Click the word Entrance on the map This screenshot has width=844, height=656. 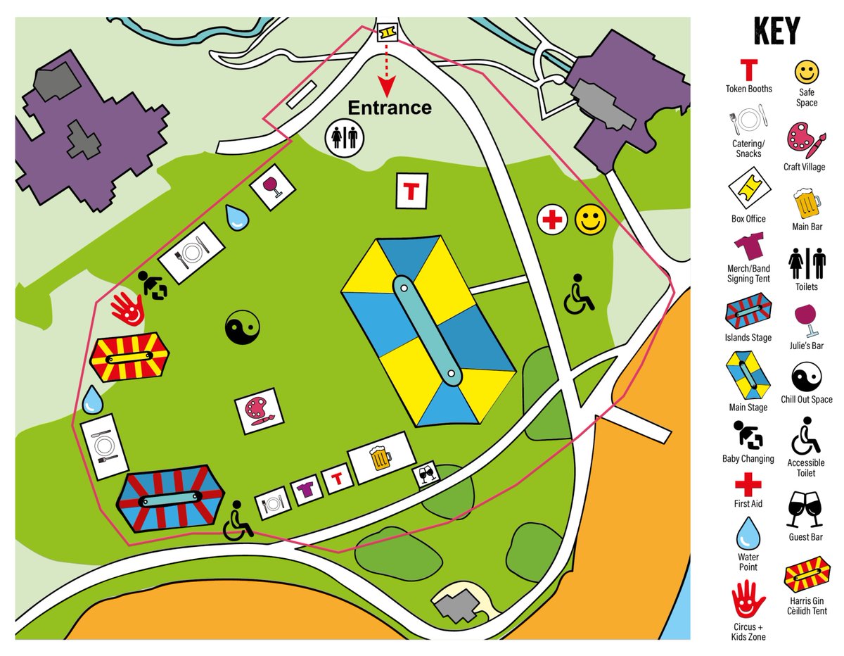(x=389, y=108)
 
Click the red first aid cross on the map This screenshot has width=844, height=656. (x=553, y=220)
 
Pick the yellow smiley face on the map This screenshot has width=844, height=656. (x=591, y=220)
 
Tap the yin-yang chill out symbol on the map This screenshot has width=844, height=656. (x=243, y=328)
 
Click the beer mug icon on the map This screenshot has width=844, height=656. (x=381, y=458)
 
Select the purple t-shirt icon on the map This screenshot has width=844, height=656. (x=305, y=490)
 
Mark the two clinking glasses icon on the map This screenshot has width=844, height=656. (x=426, y=474)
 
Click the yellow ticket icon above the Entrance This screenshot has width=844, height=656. (x=386, y=32)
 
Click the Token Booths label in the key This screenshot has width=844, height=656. (x=749, y=89)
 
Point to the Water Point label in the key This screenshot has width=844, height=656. (x=748, y=562)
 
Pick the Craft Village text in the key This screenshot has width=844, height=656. (x=804, y=167)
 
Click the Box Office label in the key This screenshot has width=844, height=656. (x=748, y=218)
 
